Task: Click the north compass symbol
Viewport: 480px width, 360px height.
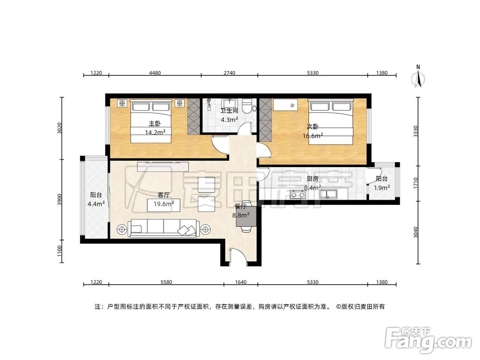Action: tap(419, 77)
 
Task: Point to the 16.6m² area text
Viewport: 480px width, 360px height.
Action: tap(312, 136)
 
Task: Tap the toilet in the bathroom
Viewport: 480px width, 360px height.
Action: tap(247, 105)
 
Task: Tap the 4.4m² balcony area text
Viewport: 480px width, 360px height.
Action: tap(96, 204)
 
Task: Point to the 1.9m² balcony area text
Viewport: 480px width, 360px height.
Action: tap(382, 188)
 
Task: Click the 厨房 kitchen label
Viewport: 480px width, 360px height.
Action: tap(312, 179)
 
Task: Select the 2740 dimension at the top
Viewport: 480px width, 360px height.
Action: tap(229, 73)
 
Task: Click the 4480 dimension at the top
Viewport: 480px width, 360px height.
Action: tap(155, 73)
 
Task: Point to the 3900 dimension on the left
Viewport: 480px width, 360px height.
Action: tap(60, 200)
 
